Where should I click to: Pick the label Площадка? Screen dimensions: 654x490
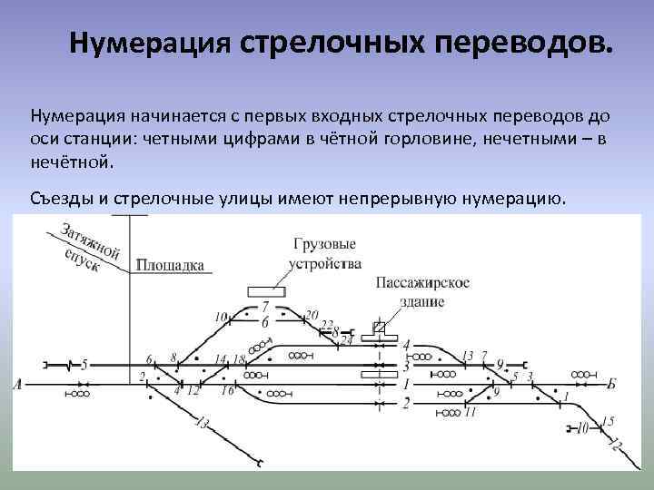point(170,266)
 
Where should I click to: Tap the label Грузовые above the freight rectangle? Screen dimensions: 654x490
point(323,245)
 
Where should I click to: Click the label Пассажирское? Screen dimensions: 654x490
point(421,282)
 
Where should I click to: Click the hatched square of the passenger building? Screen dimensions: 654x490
point(380,328)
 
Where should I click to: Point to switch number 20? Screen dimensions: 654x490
point(312,315)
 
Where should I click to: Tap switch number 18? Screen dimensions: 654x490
point(239,360)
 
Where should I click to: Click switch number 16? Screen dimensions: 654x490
point(228,390)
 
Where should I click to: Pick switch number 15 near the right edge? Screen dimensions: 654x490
point(608,420)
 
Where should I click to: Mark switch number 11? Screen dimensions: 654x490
point(470,412)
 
